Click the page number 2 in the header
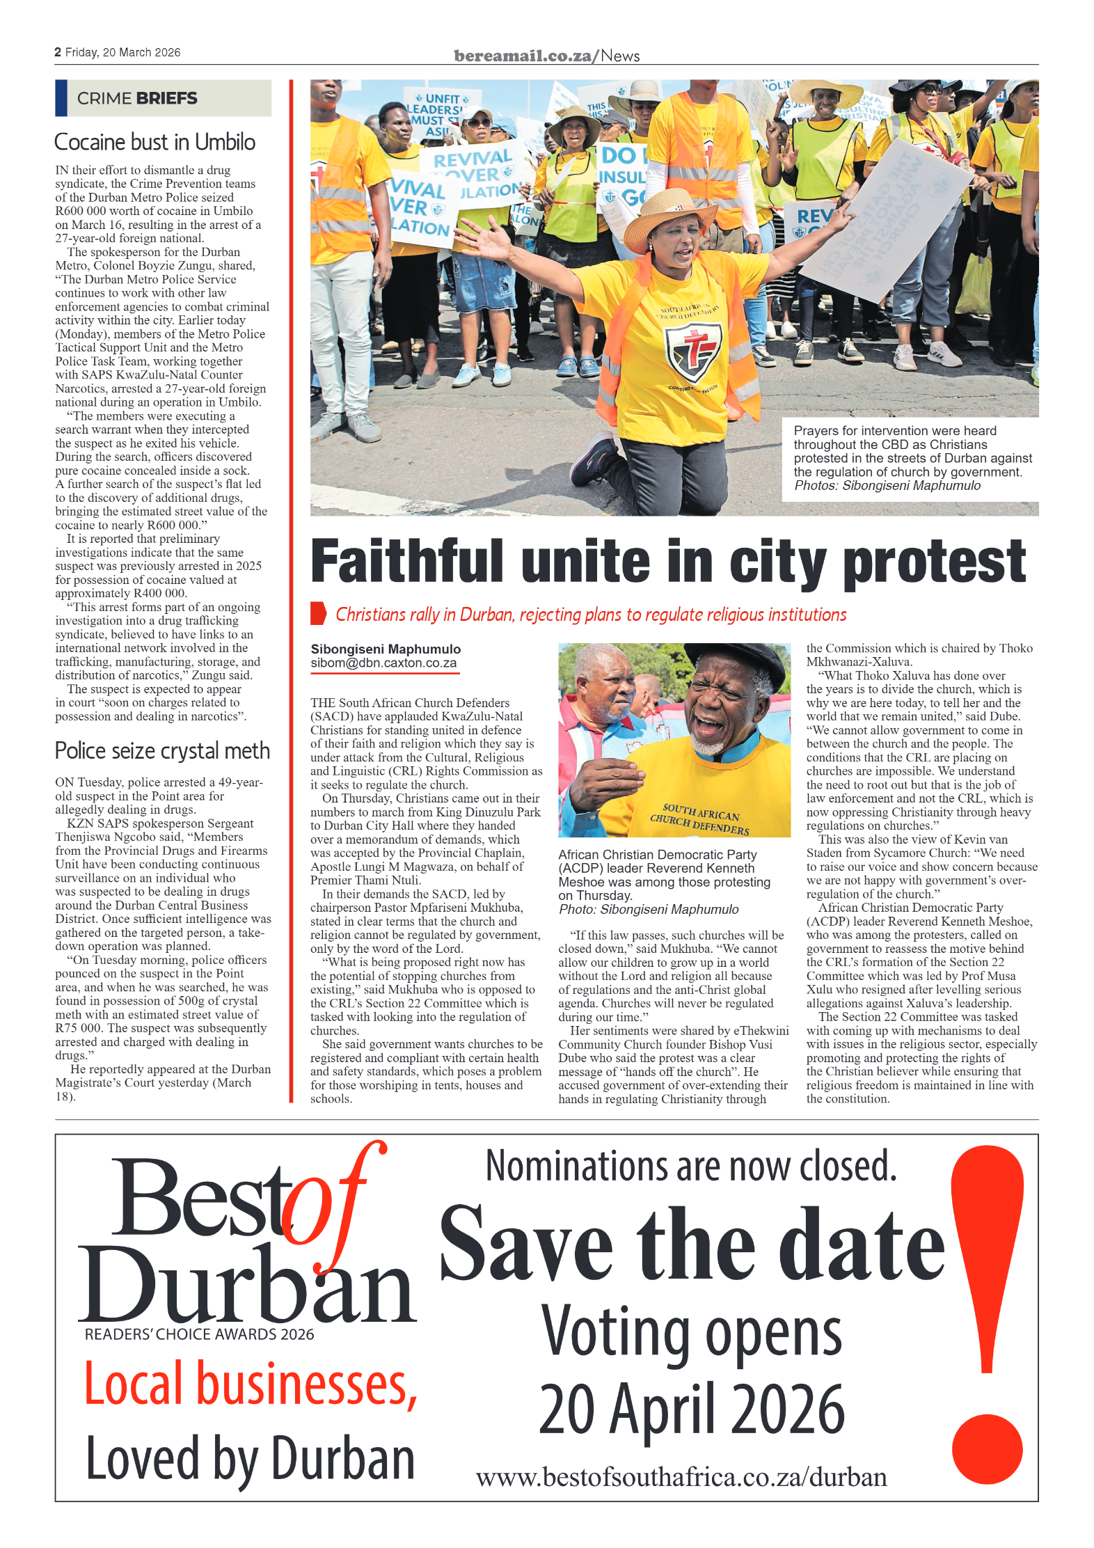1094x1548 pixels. click(58, 52)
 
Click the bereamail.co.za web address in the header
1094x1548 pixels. click(522, 56)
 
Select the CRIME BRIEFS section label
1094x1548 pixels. click(137, 98)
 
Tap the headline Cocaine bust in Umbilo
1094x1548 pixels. click(154, 142)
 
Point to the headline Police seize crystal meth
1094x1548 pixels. click(162, 750)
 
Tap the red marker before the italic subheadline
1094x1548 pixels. click(318, 613)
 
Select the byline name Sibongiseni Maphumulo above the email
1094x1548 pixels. click(386, 649)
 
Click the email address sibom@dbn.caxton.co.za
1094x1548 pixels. click(383, 663)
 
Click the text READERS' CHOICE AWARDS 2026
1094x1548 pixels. click(199, 1334)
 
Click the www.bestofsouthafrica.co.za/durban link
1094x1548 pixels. click(681, 1477)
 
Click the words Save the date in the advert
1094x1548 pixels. click(692, 1245)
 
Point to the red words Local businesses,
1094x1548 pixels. click(251, 1385)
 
